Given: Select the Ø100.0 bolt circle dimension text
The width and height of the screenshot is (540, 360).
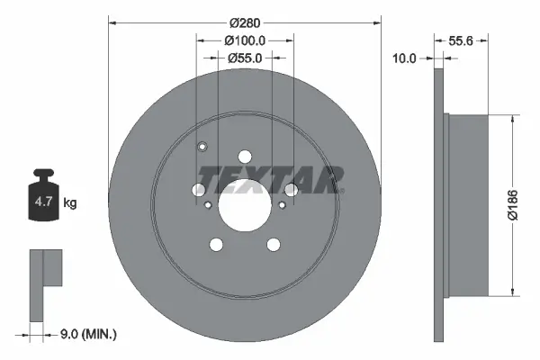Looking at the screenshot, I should pyautogui.click(x=245, y=40).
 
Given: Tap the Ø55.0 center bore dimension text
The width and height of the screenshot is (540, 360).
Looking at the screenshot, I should pyautogui.click(x=245, y=58).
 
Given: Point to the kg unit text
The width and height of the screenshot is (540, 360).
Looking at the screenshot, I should pyautogui.click(x=70, y=203).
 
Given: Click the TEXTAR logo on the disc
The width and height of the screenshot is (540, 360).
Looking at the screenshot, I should pyautogui.click(x=269, y=180).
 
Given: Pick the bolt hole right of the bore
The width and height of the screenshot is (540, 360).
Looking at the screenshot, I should pyautogui.click(x=291, y=189).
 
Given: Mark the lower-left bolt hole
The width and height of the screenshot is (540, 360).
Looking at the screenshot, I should pyautogui.click(x=217, y=244).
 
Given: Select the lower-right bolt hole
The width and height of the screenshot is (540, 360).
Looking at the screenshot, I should pyautogui.click(x=273, y=244).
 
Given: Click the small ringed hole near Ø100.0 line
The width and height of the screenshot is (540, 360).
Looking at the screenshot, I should pyautogui.click(x=202, y=148).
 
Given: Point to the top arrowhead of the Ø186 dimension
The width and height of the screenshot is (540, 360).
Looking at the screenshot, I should pyautogui.click(x=513, y=119).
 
